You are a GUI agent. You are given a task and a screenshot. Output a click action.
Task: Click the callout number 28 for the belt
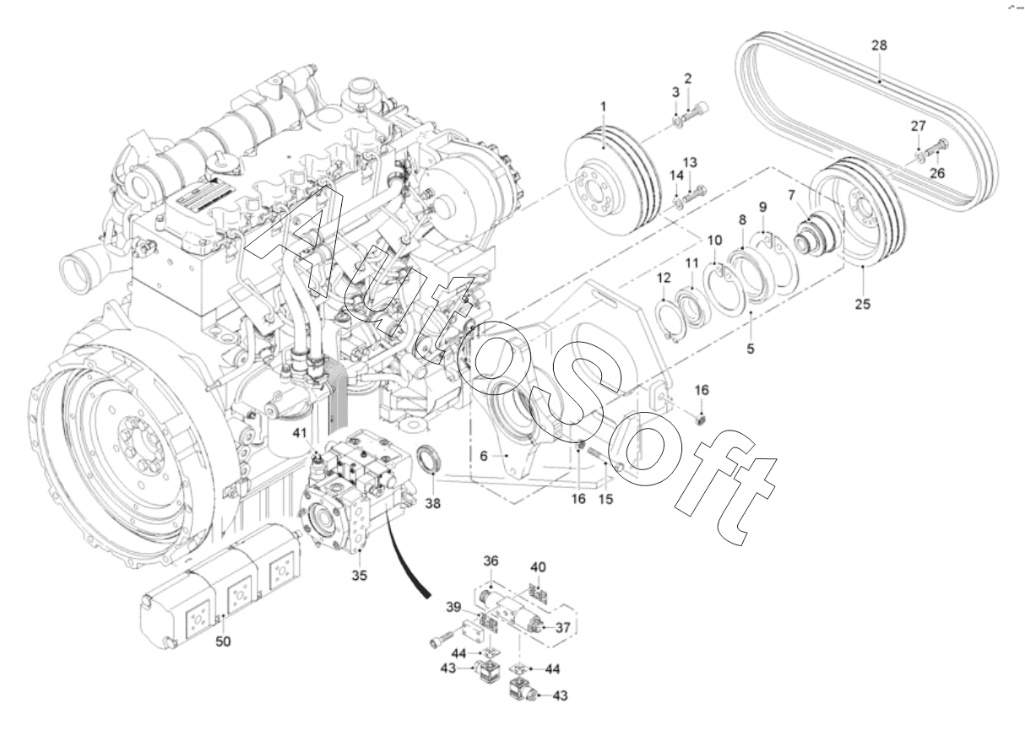879,46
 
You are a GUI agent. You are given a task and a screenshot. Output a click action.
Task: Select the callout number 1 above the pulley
603,106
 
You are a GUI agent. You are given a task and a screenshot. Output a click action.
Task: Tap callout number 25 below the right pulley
863,304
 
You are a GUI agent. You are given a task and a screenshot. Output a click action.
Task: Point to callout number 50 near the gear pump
223,642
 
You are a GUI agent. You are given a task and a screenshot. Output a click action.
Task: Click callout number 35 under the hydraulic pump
360,576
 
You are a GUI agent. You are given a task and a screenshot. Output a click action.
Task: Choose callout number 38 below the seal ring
433,504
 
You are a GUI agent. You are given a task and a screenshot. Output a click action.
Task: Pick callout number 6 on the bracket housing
484,456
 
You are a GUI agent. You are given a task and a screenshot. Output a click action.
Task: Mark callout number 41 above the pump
300,433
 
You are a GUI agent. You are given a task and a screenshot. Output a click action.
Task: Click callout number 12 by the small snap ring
664,278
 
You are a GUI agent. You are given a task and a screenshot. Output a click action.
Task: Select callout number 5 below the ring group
751,349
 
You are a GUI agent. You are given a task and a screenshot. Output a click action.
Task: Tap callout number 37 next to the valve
563,628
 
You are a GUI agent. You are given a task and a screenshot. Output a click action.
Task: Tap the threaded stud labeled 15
602,458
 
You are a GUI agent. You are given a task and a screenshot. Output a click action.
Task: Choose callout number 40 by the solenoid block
538,567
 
